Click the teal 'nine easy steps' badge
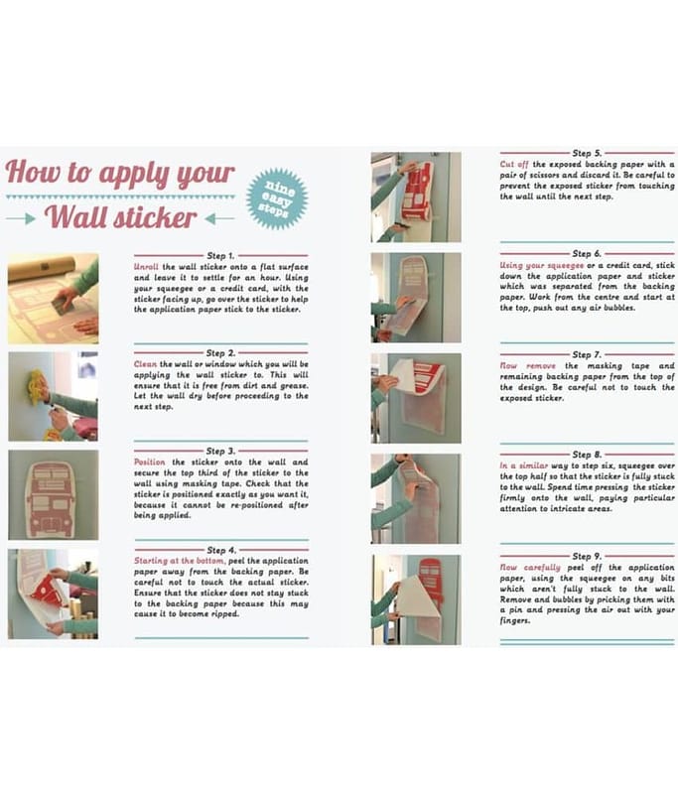click(277, 198)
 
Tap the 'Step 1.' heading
click(220, 256)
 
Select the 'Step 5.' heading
click(587, 153)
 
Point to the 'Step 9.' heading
click(587, 556)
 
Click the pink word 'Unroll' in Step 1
click(146, 267)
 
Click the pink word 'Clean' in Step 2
click(145, 364)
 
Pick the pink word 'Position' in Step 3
click(149, 462)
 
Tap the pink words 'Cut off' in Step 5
click(514, 164)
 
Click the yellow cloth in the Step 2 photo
click(37, 386)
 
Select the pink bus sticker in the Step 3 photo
click(53, 499)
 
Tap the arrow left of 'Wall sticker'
click(21, 218)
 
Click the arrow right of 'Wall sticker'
click(219, 218)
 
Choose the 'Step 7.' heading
click(587, 354)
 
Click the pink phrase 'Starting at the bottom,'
click(180, 561)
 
